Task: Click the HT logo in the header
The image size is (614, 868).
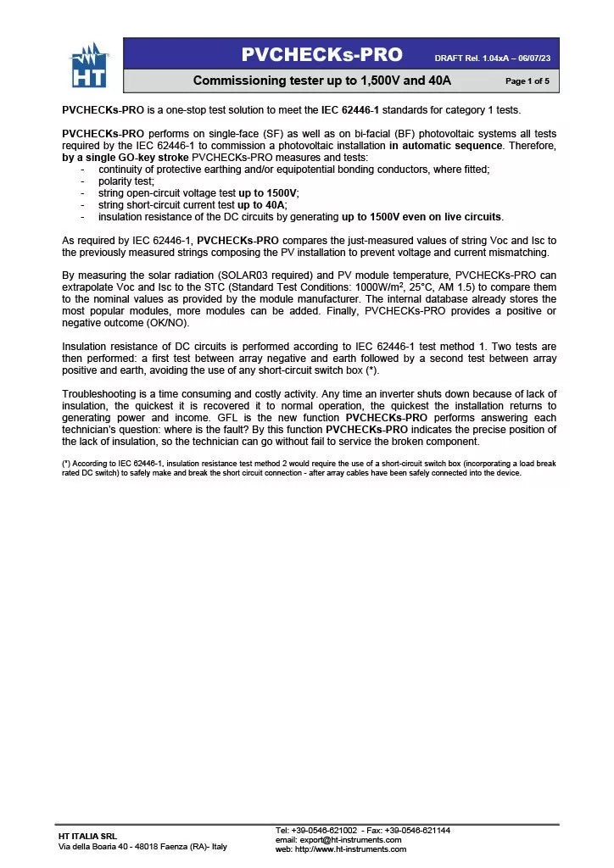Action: [89, 66]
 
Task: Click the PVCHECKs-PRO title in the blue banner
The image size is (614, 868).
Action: [321, 55]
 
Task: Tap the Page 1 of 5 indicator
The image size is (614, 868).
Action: [527, 81]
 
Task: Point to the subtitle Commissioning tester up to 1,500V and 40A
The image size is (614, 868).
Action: [321, 81]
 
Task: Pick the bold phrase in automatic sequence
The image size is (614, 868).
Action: [445, 145]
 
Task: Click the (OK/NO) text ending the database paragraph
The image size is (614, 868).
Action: [165, 323]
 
